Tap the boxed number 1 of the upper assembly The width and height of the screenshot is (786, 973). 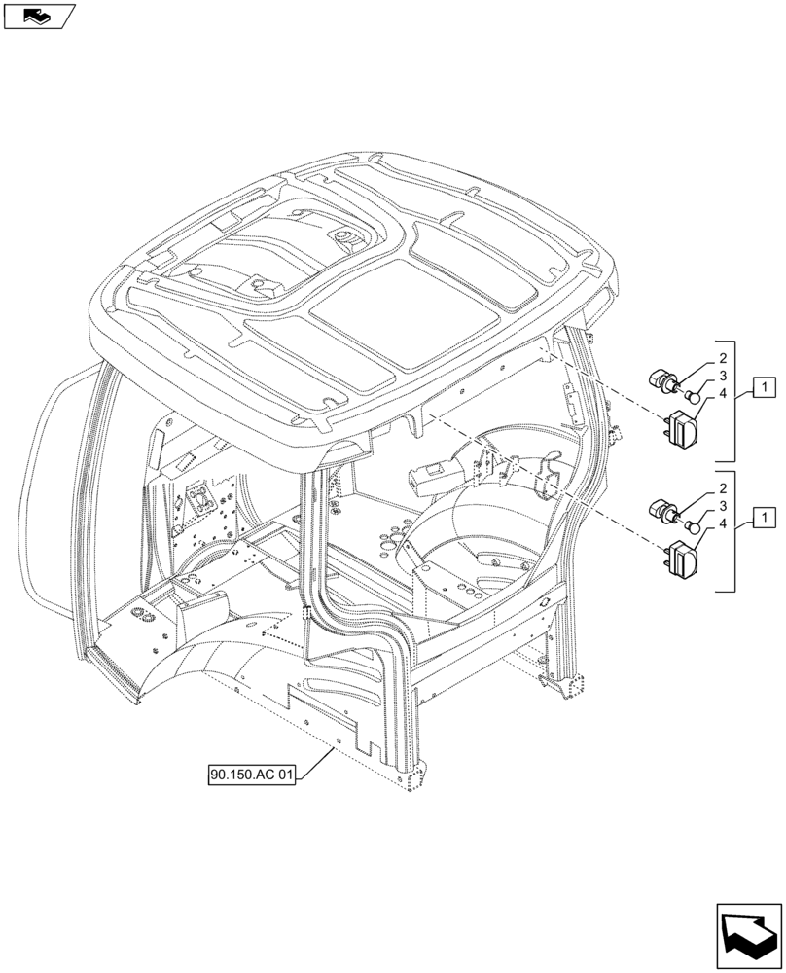766,389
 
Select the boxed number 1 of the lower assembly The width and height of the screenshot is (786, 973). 766,516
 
